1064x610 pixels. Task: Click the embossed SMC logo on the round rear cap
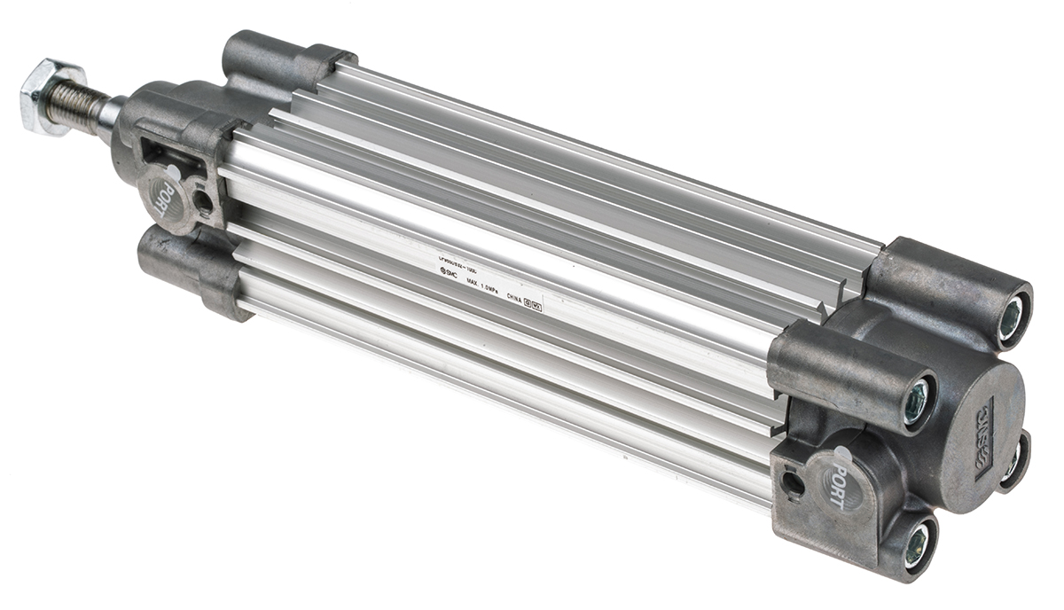pyautogui.click(x=984, y=437)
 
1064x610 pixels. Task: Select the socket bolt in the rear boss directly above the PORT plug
pyautogui.click(x=915, y=398)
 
